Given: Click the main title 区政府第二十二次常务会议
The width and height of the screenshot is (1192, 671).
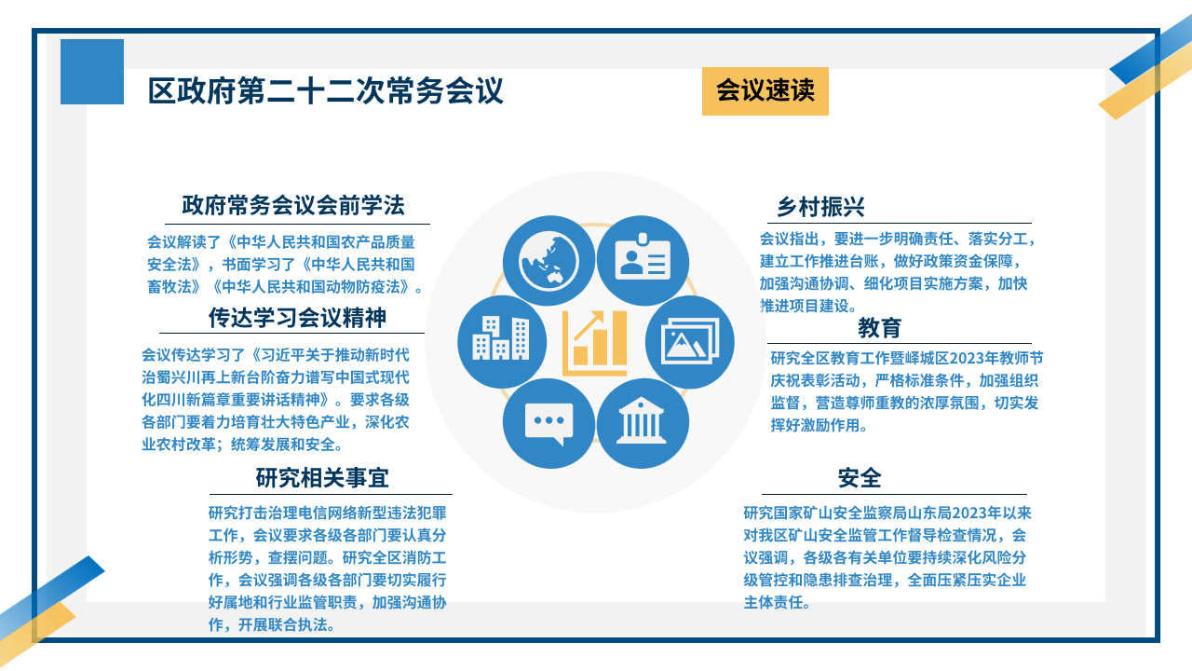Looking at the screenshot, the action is tap(325, 90).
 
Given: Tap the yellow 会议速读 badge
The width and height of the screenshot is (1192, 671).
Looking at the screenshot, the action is tap(765, 91).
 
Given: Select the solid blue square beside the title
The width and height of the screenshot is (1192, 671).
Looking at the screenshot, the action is tap(92, 72).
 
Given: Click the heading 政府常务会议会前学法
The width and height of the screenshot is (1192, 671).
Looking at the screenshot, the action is tap(293, 206).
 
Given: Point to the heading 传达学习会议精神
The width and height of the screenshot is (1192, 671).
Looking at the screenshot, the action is tap(297, 318).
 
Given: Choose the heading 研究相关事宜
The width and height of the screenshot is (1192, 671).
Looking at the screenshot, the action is tap(322, 478).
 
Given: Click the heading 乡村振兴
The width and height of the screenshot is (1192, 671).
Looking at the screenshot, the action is tap(820, 207).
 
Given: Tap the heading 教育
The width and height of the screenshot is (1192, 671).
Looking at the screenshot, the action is tap(879, 327).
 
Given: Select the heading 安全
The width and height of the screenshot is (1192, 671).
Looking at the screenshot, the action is tap(860, 478).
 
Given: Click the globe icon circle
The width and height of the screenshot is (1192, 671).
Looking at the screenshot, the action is tap(549, 261).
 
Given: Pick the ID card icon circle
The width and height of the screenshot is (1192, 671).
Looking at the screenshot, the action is tap(643, 261).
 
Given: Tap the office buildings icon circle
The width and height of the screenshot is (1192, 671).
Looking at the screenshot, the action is tap(502, 342).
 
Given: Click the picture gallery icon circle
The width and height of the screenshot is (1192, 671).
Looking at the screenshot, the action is tap(690, 342).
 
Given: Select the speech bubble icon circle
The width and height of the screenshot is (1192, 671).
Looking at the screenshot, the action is tap(549, 423).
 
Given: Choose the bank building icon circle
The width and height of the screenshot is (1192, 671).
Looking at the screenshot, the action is tap(643, 423).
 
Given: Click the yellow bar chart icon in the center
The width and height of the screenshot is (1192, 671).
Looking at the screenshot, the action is tap(595, 342).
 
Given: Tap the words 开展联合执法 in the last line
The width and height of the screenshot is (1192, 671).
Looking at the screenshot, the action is tap(282, 624).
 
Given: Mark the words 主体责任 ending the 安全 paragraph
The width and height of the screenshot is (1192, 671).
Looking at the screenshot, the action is tap(773, 602).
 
